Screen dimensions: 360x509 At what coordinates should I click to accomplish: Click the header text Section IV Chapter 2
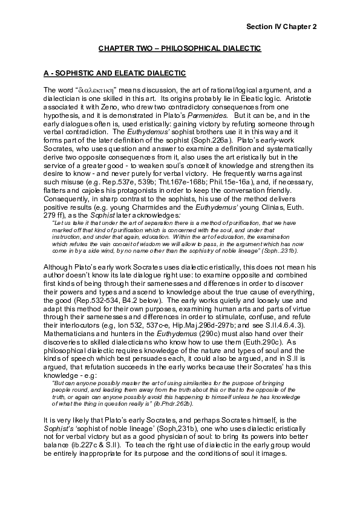[282, 27]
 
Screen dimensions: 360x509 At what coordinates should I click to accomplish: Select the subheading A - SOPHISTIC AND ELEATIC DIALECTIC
[114, 73]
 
